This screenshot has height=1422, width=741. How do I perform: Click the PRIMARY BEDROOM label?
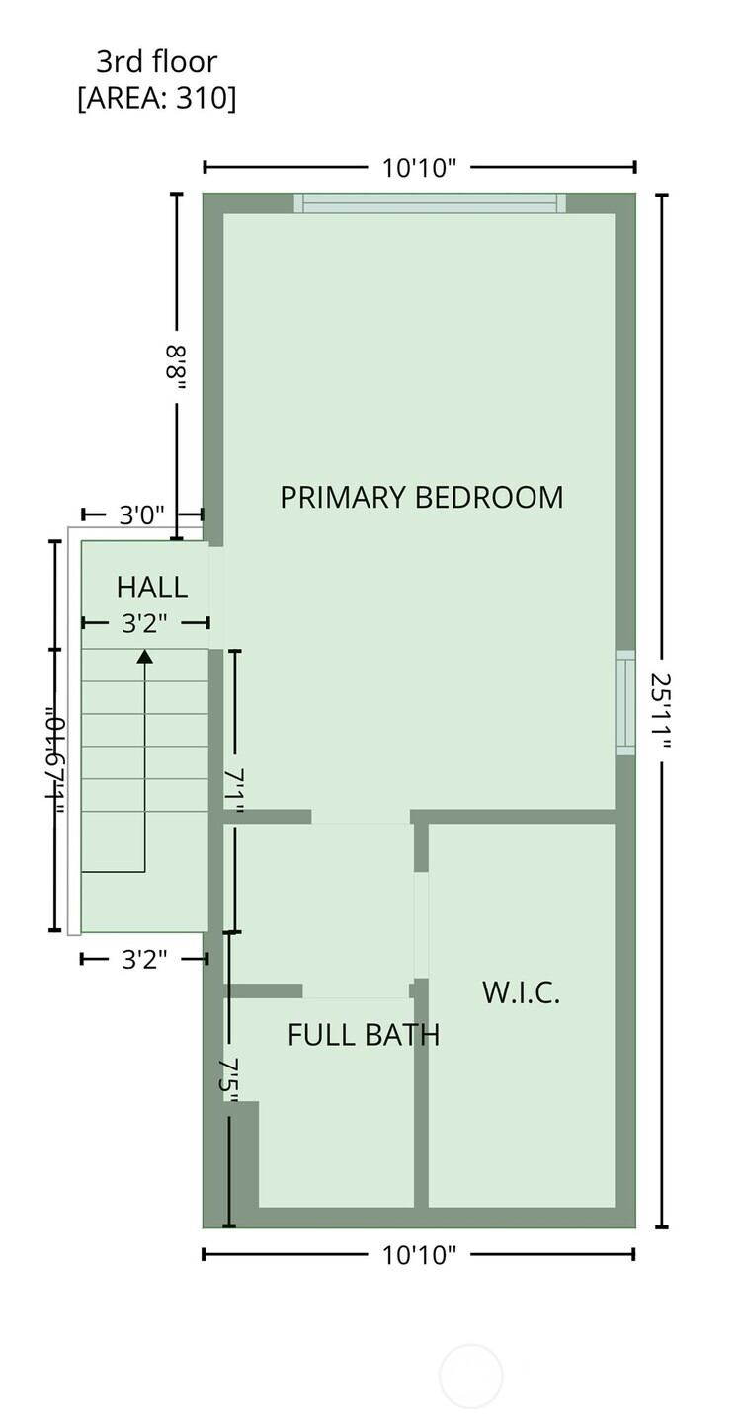[421, 497]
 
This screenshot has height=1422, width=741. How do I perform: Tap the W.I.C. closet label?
[521, 992]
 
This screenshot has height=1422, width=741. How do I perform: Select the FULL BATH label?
[363, 1035]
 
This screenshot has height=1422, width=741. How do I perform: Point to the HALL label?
[151, 588]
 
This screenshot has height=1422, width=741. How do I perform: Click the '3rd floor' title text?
[156, 62]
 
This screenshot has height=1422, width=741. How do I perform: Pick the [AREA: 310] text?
[156, 99]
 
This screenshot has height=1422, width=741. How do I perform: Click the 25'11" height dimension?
[661, 711]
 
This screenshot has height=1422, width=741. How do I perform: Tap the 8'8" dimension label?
[177, 367]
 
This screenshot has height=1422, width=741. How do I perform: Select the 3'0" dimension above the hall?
[142, 514]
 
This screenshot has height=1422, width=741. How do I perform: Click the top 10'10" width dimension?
[419, 167]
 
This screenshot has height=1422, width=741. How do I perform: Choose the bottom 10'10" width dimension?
[419, 1254]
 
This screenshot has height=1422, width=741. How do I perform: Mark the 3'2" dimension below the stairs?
[144, 959]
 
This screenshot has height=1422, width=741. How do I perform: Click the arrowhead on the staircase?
[145, 655]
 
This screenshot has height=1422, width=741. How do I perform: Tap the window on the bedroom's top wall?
[430, 203]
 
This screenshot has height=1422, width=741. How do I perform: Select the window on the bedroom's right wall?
[625, 702]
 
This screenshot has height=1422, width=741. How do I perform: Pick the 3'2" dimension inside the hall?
[144, 623]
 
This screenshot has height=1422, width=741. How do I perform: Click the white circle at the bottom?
[470, 1376]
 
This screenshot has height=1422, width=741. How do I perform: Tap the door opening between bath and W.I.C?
[421, 925]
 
